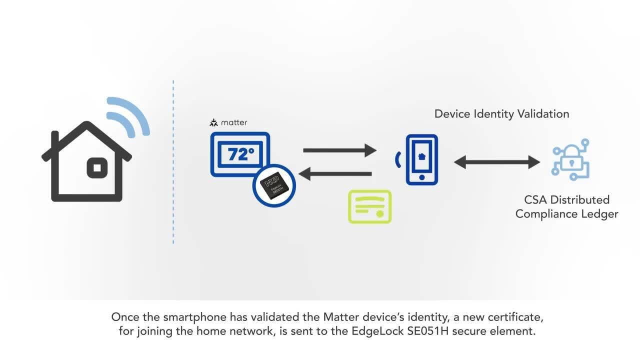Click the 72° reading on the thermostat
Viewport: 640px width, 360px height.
point(240,154)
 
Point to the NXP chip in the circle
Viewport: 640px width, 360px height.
point(274,185)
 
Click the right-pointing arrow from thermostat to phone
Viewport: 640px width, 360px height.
point(339,150)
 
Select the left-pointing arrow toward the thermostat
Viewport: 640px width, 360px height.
point(335,174)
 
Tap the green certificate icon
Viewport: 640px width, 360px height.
point(370,206)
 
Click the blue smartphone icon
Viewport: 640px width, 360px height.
point(421,159)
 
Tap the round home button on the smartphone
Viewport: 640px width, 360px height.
point(421,177)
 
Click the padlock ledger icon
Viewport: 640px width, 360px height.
point(570,160)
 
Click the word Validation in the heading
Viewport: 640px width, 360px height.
point(542,114)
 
